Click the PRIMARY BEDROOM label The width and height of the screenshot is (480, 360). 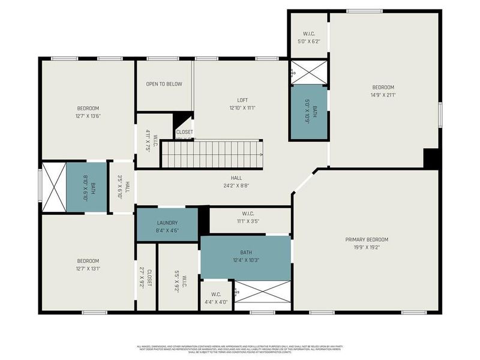[363, 239]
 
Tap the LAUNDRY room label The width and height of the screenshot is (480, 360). [167, 223]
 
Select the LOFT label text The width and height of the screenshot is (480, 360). [242, 100]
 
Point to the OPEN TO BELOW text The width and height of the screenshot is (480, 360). [164, 84]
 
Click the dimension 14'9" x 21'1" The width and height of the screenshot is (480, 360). [383, 94]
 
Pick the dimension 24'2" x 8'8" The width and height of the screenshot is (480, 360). [236, 185]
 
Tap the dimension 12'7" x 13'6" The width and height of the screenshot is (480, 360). [88, 116]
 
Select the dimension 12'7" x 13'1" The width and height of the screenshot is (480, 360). [88, 268]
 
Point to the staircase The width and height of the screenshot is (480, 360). [212, 154]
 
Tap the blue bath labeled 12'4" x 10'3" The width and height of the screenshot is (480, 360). [245, 257]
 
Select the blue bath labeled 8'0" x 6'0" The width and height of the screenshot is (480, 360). [86, 187]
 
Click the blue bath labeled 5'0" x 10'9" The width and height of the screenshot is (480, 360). [308, 112]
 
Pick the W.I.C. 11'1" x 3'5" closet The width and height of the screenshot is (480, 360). [249, 221]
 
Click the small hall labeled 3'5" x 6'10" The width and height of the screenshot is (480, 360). [121, 187]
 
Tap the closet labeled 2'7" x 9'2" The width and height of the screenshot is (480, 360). [146, 277]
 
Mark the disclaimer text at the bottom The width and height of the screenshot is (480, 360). [240, 348]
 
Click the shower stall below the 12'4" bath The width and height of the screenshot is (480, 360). [262, 295]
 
